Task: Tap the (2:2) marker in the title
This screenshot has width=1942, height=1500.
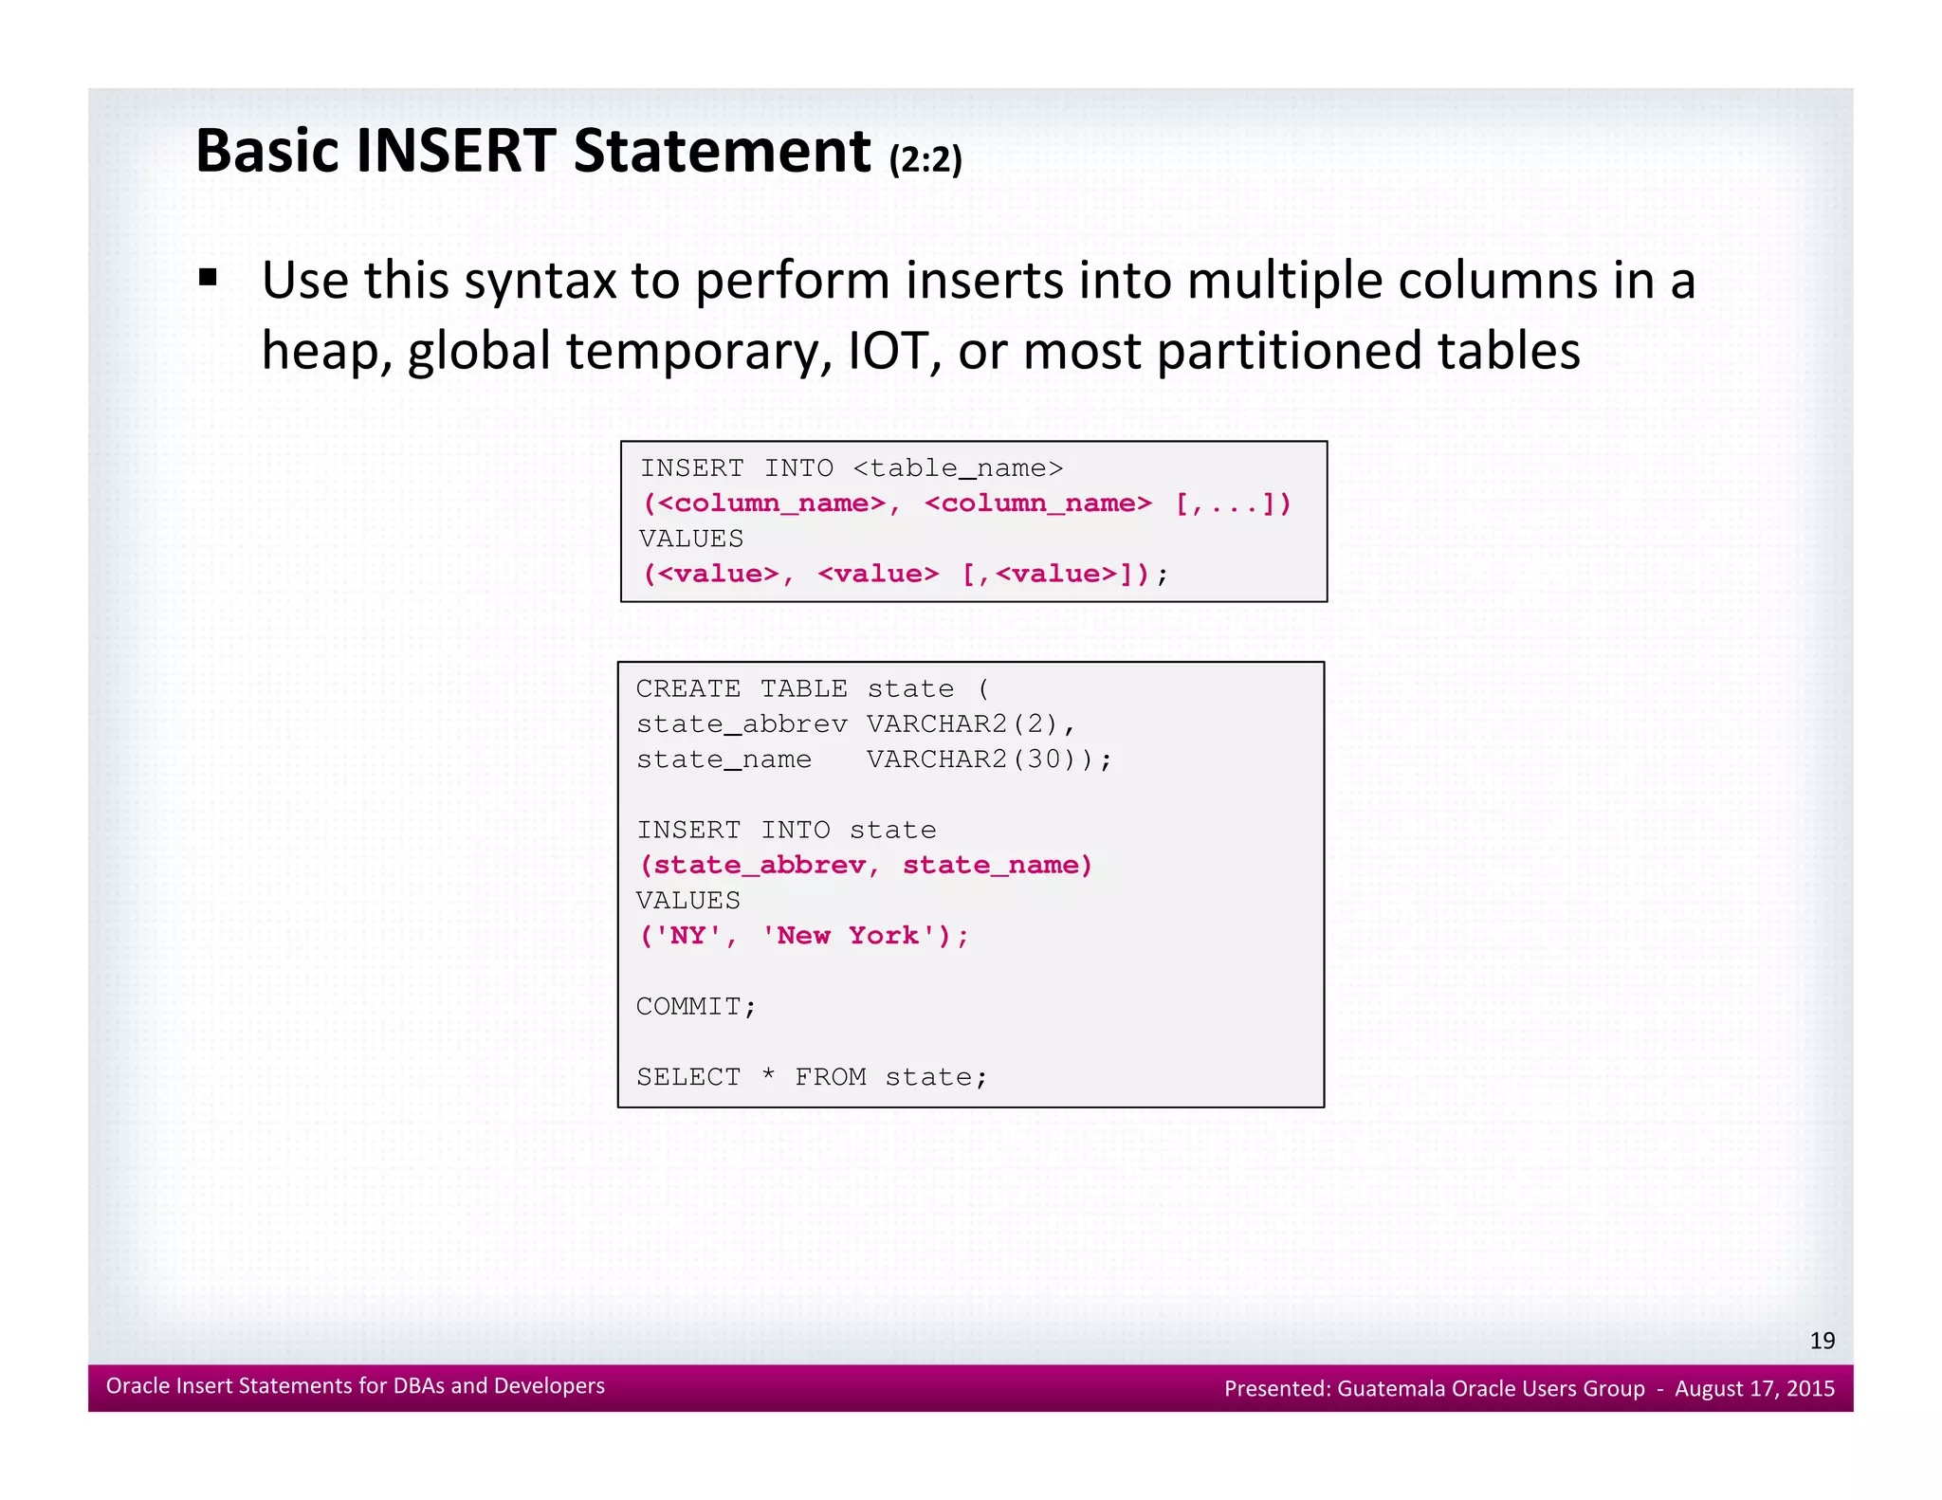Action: point(925,159)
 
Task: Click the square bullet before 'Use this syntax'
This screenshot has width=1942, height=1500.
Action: point(209,278)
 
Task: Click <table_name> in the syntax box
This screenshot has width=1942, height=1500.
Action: point(958,468)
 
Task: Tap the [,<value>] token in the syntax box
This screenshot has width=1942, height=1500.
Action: point(1053,574)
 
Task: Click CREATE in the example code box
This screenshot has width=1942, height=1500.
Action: point(688,689)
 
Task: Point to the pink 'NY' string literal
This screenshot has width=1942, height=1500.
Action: point(689,936)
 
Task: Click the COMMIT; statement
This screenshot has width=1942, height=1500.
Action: point(696,1006)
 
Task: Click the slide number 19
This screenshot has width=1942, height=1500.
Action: point(1822,1341)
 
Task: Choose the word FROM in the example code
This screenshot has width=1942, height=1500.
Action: point(831,1077)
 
